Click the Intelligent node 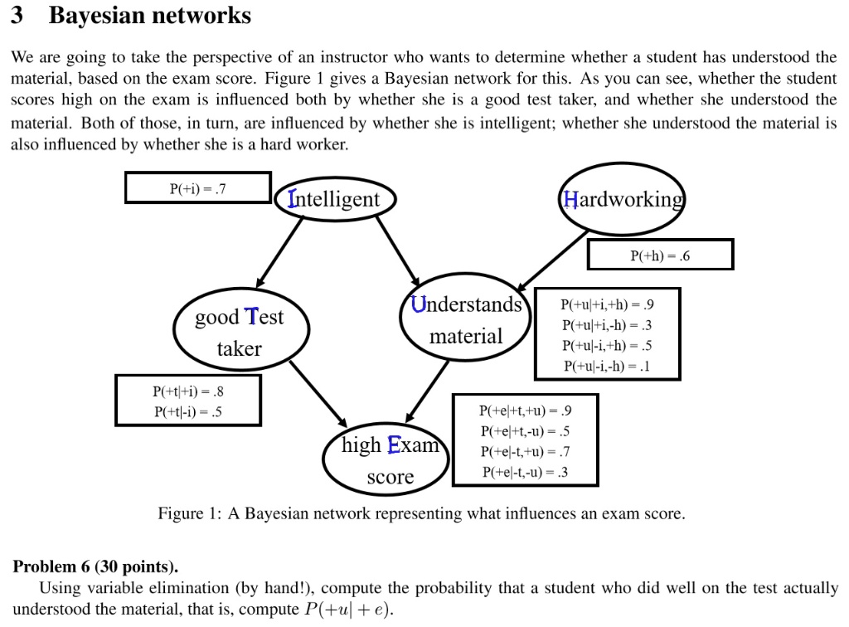click(335, 199)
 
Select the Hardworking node click(623, 199)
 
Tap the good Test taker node click(240, 333)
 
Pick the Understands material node click(466, 321)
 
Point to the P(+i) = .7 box click(198, 187)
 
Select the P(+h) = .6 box click(660, 255)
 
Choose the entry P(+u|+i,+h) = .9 click(608, 304)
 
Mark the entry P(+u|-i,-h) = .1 click(608, 366)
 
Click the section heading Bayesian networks click(149, 16)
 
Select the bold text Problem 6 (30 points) click(95, 567)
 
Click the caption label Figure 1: click(190, 513)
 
